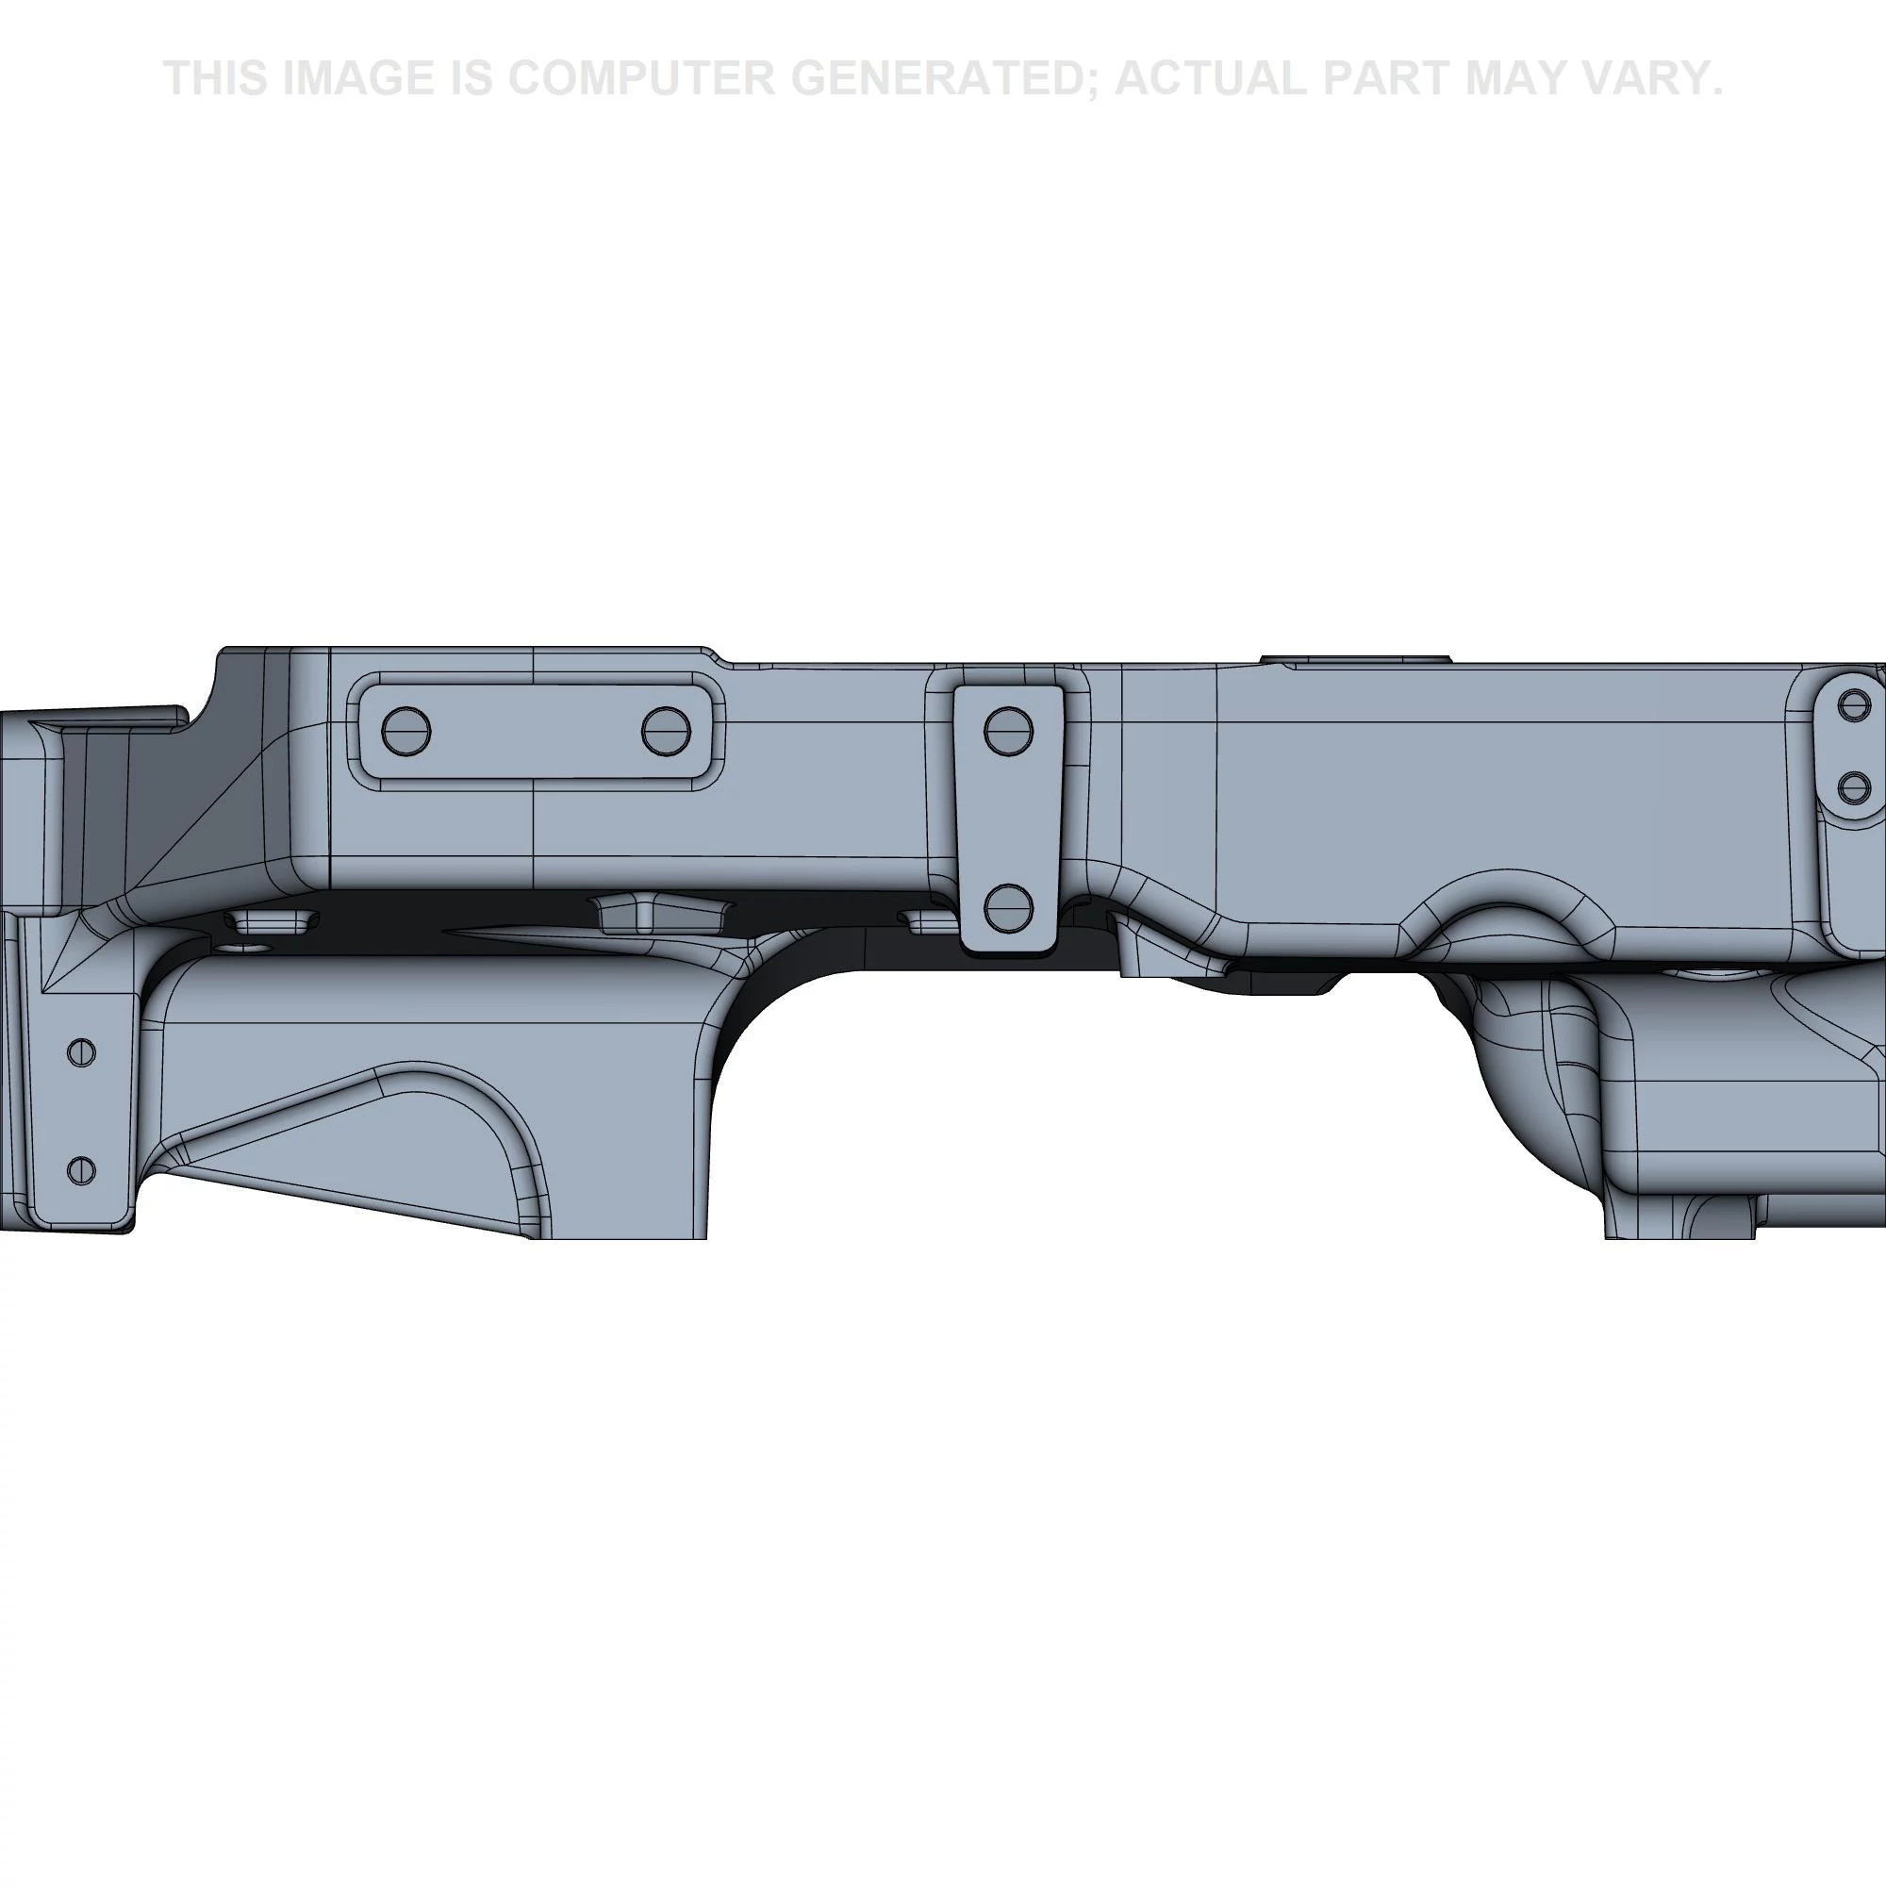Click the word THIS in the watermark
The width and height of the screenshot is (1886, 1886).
pyautogui.click(x=216, y=78)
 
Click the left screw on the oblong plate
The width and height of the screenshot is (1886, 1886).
pyautogui.click(x=406, y=731)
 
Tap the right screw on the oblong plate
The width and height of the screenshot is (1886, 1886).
pyautogui.click(x=666, y=731)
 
